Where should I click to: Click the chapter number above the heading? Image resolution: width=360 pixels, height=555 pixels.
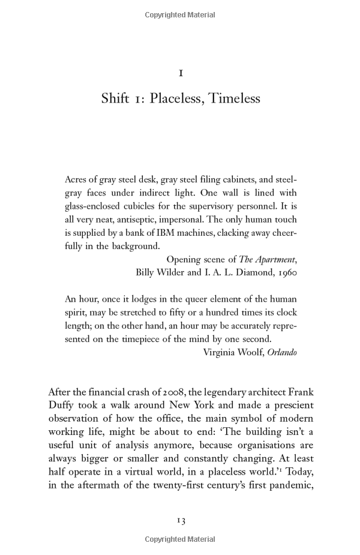click(x=181, y=73)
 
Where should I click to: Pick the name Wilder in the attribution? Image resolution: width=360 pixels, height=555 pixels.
click(x=173, y=272)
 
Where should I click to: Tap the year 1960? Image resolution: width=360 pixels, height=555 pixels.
click(x=286, y=272)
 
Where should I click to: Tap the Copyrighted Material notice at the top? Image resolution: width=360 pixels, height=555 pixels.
click(x=180, y=15)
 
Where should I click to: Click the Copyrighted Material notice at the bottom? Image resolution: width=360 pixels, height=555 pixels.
click(x=180, y=540)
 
